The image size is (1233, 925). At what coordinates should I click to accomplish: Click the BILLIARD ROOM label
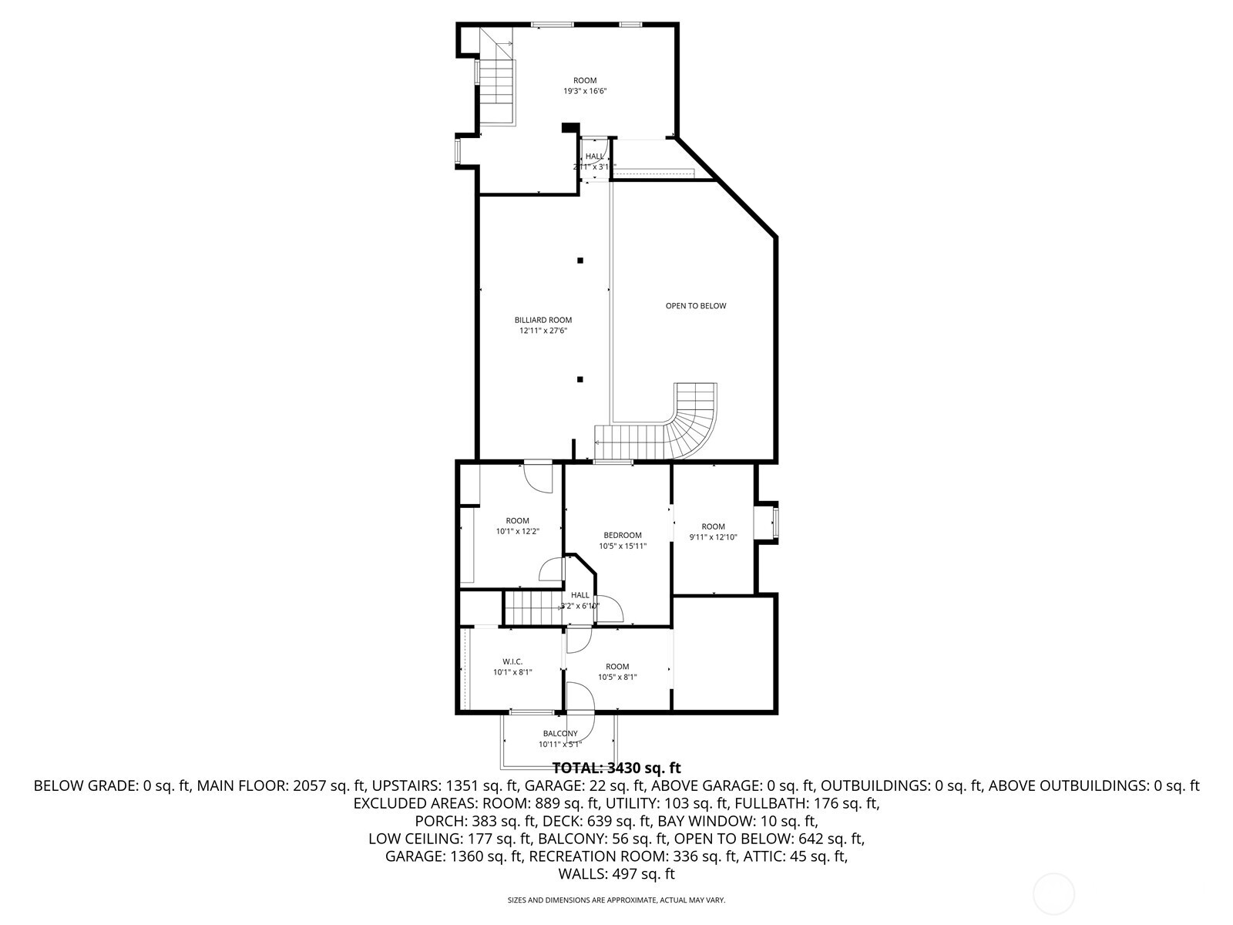click(543, 320)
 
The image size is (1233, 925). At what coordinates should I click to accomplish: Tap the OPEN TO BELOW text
click(696, 306)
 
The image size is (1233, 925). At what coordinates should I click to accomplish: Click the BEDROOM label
click(623, 535)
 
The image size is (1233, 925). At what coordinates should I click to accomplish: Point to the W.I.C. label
click(512, 661)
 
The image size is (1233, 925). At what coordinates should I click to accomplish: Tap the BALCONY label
click(560, 733)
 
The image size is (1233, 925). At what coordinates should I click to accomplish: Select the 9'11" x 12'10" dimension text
click(713, 537)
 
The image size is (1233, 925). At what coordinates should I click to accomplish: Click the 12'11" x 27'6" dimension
click(543, 331)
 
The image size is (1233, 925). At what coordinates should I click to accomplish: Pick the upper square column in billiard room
click(580, 261)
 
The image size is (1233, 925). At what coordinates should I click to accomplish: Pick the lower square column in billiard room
click(580, 379)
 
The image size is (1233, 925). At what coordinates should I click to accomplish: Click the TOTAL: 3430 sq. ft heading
click(616, 768)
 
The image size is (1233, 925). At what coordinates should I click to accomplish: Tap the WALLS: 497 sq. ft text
click(616, 874)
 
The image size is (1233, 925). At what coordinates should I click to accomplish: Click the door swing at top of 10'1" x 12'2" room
click(539, 476)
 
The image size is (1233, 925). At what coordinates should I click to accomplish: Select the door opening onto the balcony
click(580, 709)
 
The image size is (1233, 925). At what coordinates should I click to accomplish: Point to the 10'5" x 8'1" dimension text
click(617, 678)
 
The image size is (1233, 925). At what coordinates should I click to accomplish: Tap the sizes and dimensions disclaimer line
click(616, 900)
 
